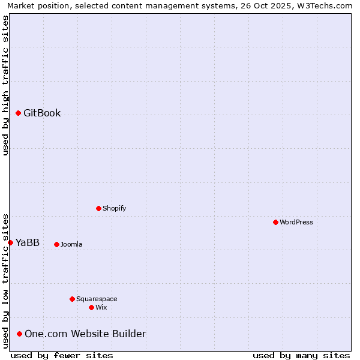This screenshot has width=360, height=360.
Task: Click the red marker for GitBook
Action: click(18, 113)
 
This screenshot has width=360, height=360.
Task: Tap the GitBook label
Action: click(42, 113)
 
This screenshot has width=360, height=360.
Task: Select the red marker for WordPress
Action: click(275, 222)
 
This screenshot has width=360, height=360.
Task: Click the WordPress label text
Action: click(296, 222)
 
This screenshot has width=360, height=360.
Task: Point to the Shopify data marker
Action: click(98, 208)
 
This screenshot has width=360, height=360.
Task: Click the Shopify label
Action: click(114, 208)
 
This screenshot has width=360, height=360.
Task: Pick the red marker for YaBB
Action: click(10, 242)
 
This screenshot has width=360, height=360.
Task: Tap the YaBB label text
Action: click(28, 242)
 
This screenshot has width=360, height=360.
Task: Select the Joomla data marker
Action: click(56, 244)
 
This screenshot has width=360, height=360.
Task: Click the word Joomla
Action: click(71, 244)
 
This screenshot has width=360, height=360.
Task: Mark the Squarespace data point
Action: click(72, 299)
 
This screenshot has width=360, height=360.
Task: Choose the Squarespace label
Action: click(97, 299)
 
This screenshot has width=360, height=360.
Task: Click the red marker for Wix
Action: click(91, 307)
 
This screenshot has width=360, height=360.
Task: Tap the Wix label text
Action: click(101, 307)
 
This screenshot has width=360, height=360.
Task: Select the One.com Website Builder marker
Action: click(19, 334)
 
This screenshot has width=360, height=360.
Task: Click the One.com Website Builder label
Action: click(85, 334)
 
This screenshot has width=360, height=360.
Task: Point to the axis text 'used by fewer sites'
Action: click(62, 355)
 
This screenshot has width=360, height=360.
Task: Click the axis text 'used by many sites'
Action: click(301, 355)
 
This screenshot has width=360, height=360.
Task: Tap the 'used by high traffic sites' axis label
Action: click(6, 85)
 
